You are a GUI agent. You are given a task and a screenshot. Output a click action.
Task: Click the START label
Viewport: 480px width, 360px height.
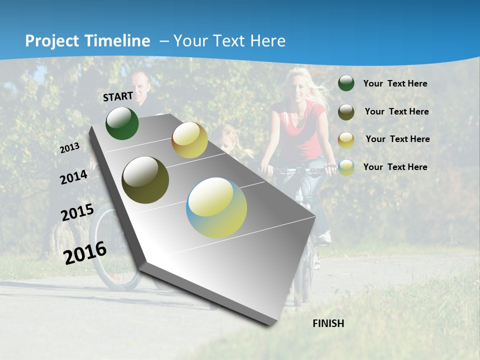coord(118,96)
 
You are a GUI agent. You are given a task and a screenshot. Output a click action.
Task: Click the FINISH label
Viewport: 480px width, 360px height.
coord(328,323)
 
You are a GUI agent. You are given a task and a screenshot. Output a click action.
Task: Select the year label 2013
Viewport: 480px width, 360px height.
coord(69,148)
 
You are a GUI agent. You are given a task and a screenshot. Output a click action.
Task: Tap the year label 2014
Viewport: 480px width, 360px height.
coord(73,177)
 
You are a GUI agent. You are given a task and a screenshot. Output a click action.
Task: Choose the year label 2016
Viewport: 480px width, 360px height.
coord(85,253)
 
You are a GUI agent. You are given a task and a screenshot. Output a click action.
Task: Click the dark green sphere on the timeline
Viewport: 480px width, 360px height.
coord(122,123)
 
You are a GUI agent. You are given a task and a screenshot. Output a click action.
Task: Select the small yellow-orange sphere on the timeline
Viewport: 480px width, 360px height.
coord(189,140)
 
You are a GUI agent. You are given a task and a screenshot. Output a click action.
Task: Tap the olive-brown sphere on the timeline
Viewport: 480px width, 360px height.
coord(145,180)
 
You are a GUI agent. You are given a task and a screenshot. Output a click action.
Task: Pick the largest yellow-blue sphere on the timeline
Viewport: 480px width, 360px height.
coord(216,207)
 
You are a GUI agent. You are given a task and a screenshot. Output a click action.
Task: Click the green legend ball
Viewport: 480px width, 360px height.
coord(346,83)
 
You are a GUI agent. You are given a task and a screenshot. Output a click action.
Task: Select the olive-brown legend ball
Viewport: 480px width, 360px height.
coord(346,112)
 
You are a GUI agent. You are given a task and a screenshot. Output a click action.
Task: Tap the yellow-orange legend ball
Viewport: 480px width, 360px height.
coord(346,140)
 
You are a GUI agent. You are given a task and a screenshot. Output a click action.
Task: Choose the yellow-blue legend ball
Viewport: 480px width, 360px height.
coord(346,167)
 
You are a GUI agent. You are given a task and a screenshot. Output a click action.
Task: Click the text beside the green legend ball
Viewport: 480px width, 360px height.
coord(395,83)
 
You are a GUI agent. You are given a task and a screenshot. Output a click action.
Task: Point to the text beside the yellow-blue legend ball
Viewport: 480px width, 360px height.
coord(395,167)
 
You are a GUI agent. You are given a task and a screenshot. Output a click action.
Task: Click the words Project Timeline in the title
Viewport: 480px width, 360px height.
coord(87,41)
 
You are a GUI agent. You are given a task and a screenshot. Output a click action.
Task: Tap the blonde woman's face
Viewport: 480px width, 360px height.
coord(298,89)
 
